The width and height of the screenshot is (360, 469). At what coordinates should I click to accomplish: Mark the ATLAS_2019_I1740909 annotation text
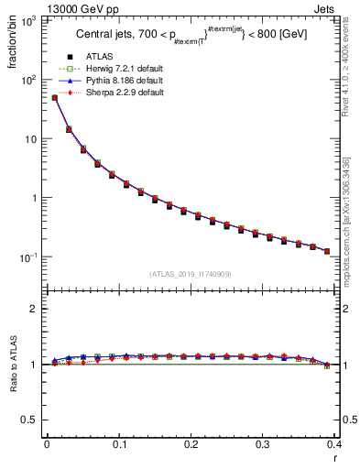point(190,273)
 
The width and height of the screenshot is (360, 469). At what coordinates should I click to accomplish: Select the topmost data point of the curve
point(54,97)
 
